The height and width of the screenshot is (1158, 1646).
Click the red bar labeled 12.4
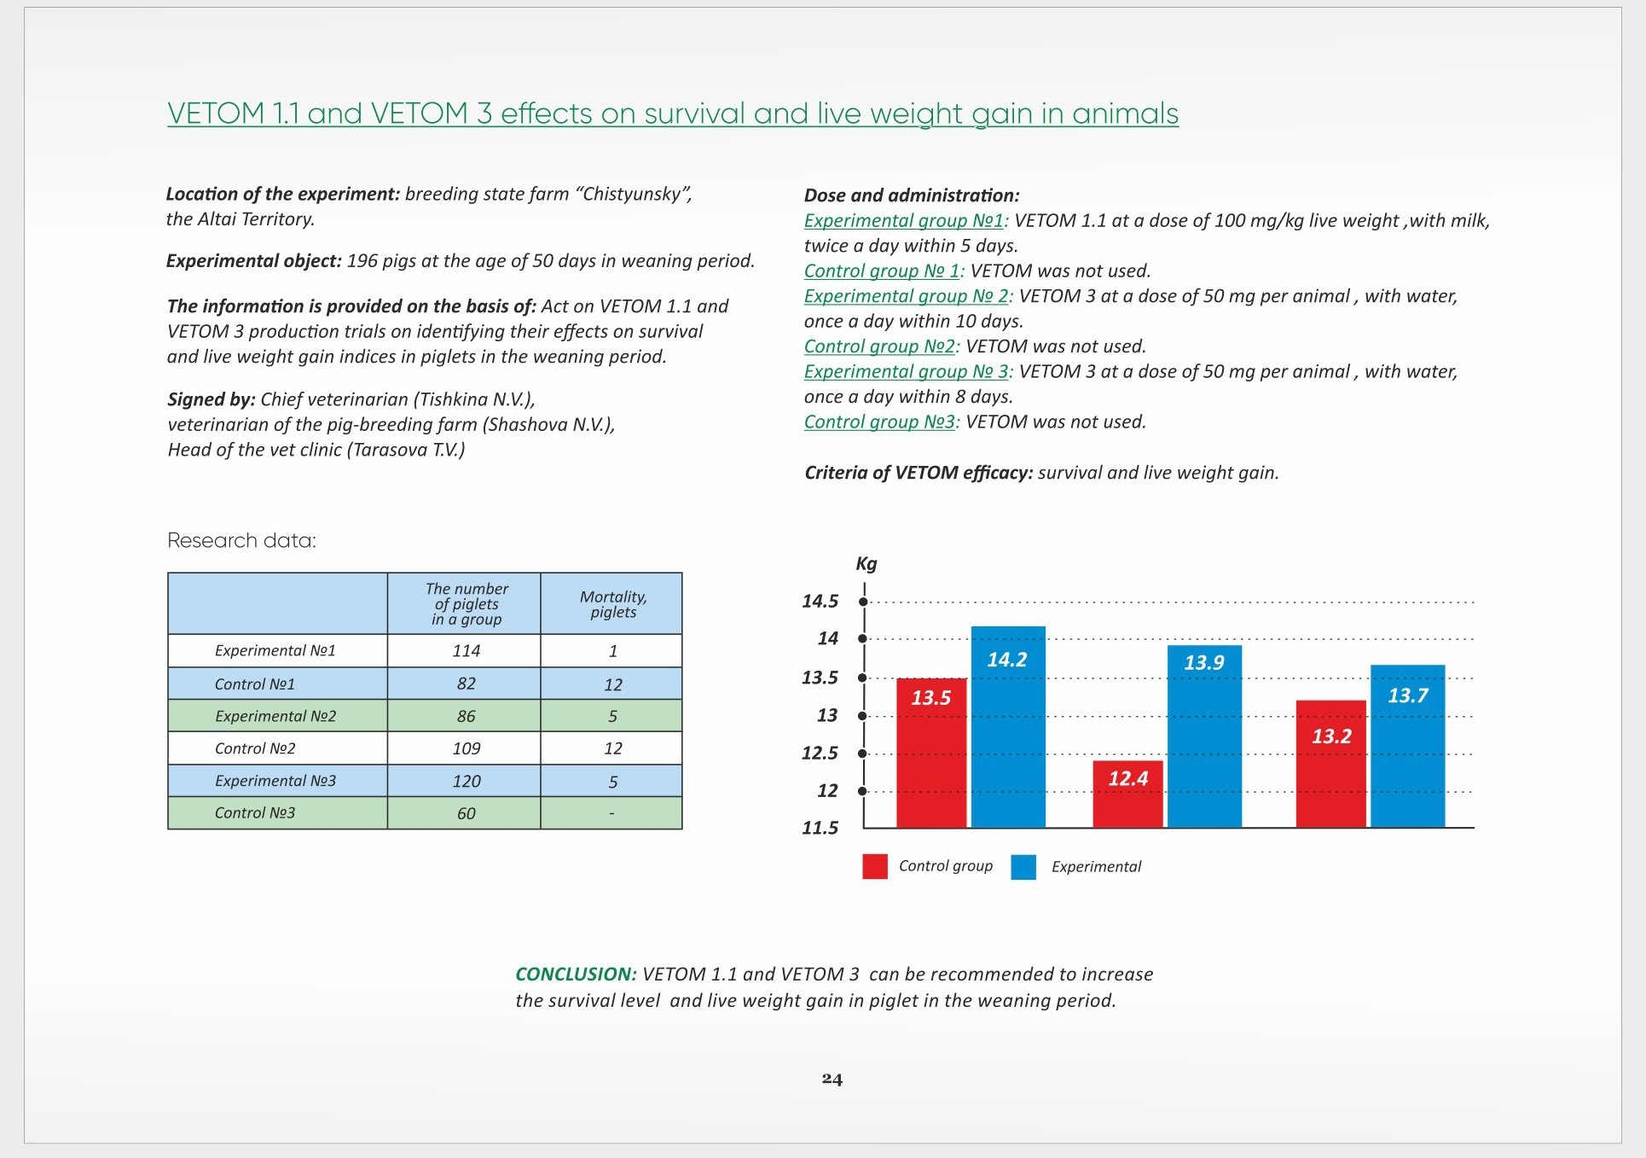[1127, 794]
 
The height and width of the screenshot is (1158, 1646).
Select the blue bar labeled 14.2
[1008, 727]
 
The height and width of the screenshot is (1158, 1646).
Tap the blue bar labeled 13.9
[1204, 736]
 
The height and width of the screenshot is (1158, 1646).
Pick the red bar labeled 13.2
[1331, 764]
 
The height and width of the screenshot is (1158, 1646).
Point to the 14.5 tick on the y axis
[863, 602]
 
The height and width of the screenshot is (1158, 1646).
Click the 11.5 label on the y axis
[820, 828]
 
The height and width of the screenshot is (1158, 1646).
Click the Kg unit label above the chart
[866, 563]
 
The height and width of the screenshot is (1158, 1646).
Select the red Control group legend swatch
[875, 866]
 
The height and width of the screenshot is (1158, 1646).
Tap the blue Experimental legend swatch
[1023, 866]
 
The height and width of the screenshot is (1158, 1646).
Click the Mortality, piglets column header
[613, 604]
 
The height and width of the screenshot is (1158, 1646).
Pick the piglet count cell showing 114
[467, 651]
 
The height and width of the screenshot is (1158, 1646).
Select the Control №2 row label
[255, 748]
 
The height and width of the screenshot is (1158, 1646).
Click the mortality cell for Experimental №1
[613, 651]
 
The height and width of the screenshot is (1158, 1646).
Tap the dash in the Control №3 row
[612, 813]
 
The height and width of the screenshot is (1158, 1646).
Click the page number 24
[832, 1079]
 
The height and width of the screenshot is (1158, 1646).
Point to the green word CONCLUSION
[576, 975]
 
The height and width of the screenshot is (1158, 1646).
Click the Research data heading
[241, 540]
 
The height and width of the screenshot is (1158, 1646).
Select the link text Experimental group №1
[904, 220]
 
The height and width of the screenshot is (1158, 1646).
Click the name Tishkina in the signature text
[454, 399]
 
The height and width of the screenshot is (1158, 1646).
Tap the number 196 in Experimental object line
[362, 260]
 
